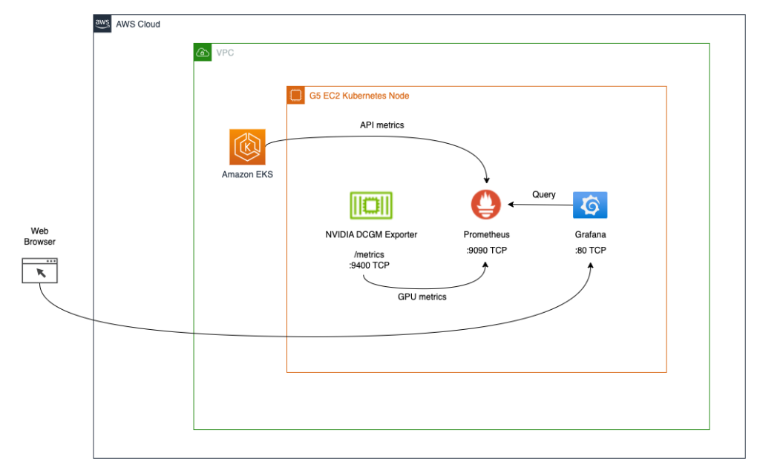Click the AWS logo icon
(102, 24)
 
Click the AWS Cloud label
(137, 24)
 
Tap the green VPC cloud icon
(202, 53)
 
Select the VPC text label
(225, 53)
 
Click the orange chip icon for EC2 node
(295, 96)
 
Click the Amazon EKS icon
(247, 147)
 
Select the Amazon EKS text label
(247, 174)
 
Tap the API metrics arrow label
(382, 125)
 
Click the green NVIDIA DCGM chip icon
(371, 205)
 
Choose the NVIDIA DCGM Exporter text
(371, 235)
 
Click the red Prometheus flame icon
(486, 205)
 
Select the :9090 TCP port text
(486, 251)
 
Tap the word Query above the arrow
(543, 194)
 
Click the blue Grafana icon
(590, 205)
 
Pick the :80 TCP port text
(590, 251)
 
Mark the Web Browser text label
(39, 236)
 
